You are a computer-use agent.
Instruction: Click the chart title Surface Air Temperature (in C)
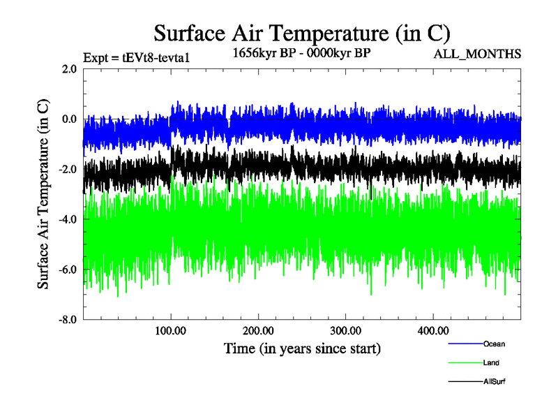pyautogui.click(x=301, y=33)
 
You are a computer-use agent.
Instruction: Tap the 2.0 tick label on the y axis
pyautogui.click(x=69, y=69)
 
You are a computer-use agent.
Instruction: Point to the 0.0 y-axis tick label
pyautogui.click(x=69, y=119)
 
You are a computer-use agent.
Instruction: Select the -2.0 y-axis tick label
pyautogui.click(x=67, y=170)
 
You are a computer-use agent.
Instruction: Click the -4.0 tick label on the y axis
pyautogui.click(x=67, y=220)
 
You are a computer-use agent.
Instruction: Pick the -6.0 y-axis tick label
pyautogui.click(x=67, y=270)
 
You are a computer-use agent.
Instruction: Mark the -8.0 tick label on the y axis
pyautogui.click(x=67, y=320)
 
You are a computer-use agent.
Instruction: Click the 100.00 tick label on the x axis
pyautogui.click(x=171, y=330)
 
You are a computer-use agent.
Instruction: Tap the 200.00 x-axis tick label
pyautogui.click(x=258, y=330)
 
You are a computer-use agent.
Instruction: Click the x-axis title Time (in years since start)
pyautogui.click(x=302, y=348)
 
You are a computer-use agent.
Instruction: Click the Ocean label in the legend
pyautogui.click(x=494, y=344)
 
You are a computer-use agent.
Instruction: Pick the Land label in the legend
pyautogui.click(x=491, y=362)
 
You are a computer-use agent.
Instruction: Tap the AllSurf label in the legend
pyautogui.click(x=495, y=381)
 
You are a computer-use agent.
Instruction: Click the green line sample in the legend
pyautogui.click(x=465, y=362)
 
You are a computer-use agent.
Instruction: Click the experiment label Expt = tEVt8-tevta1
pyautogui.click(x=136, y=58)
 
